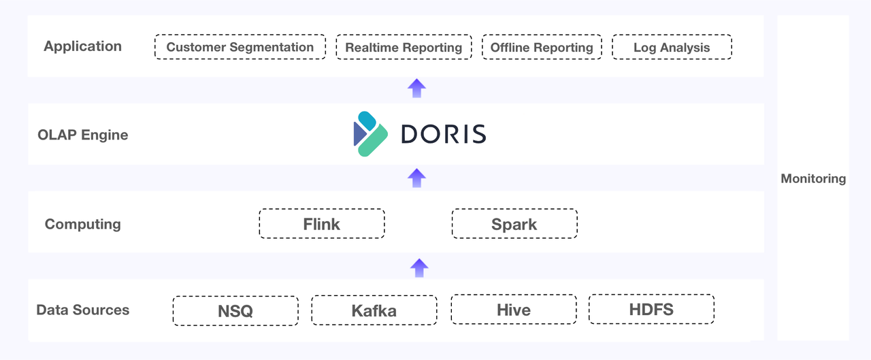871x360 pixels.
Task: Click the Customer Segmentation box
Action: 240,48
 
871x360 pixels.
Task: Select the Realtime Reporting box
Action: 404,48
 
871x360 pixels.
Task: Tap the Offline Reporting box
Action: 542,48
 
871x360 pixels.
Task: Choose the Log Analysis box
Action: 672,48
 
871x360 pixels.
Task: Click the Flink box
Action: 322,224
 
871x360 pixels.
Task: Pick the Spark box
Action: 514,224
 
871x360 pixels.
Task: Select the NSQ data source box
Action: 235,311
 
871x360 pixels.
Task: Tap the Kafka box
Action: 374,311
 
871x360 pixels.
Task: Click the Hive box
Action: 514,310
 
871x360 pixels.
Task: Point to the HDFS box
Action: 651,310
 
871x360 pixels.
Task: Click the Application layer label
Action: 82,46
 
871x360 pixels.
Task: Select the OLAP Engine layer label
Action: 82,135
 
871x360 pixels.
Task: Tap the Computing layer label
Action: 82,224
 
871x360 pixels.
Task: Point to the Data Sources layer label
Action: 82,310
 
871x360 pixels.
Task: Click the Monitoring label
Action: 813,179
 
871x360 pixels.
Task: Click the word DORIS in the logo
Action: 443,134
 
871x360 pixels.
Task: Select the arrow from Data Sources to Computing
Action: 419,267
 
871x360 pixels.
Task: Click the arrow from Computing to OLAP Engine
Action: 416,178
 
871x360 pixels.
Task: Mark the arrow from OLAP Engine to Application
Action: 416,88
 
